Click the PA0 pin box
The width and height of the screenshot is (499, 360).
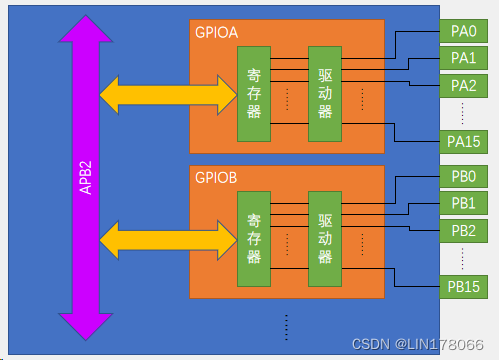pyautogui.click(x=463, y=30)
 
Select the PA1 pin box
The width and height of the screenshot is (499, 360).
pyautogui.click(x=463, y=58)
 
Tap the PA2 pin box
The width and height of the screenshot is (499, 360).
pyautogui.click(x=463, y=85)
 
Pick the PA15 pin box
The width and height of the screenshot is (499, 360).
pyautogui.click(x=463, y=141)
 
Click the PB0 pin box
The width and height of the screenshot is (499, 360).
pyautogui.click(x=463, y=176)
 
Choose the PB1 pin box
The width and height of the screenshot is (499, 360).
pyautogui.click(x=463, y=203)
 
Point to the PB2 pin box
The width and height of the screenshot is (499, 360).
pyautogui.click(x=463, y=230)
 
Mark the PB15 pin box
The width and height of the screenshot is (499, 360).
pyautogui.click(x=463, y=287)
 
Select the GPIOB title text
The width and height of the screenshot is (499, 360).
pyautogui.click(x=217, y=178)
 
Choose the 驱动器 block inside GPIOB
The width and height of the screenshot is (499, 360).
pyautogui.click(x=324, y=239)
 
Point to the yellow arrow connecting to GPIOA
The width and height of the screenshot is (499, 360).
pyautogui.click(x=166, y=94)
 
